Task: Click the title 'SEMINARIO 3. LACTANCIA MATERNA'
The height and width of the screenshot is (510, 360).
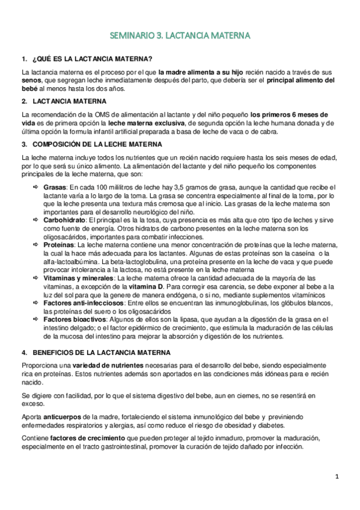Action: [x=180, y=37]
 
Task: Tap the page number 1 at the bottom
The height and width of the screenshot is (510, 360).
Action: [x=337, y=476]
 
